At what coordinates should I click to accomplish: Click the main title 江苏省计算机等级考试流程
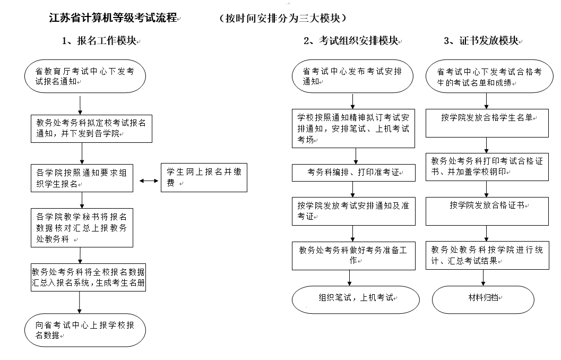click(x=113, y=18)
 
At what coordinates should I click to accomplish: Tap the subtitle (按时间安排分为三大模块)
click(x=283, y=18)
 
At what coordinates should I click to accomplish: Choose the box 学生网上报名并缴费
click(x=204, y=177)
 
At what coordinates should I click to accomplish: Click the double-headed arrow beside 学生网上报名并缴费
click(x=149, y=181)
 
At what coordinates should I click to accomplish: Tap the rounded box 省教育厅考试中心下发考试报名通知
click(x=85, y=76)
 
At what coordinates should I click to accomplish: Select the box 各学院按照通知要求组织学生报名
click(x=82, y=178)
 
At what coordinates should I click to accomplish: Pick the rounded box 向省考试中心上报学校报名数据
click(x=85, y=330)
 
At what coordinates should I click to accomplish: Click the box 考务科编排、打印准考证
click(x=354, y=173)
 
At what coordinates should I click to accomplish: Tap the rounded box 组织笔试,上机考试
click(x=356, y=299)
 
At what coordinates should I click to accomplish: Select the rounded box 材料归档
click(x=483, y=299)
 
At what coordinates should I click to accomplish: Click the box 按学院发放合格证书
click(x=487, y=211)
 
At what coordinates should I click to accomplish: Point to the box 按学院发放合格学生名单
click(x=487, y=123)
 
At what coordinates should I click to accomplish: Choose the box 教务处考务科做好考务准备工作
click(x=354, y=256)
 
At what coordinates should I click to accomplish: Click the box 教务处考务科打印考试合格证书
click(x=487, y=167)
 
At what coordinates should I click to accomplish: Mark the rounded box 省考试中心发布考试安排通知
click(x=353, y=76)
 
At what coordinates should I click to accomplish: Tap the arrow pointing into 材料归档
click(x=484, y=278)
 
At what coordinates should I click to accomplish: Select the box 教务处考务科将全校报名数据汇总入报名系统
click(x=89, y=277)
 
